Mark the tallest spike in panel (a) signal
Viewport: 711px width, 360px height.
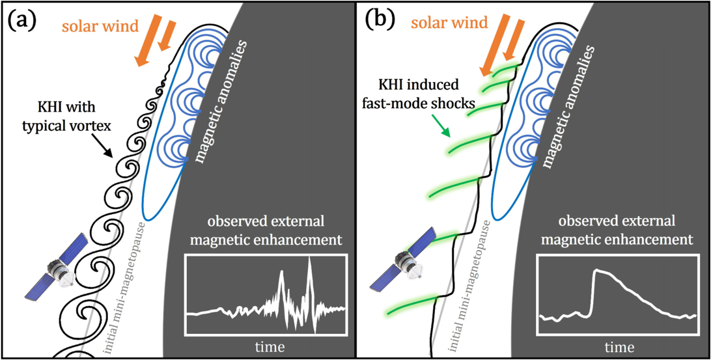pos(310,260)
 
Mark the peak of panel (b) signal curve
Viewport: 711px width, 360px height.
pos(596,271)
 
